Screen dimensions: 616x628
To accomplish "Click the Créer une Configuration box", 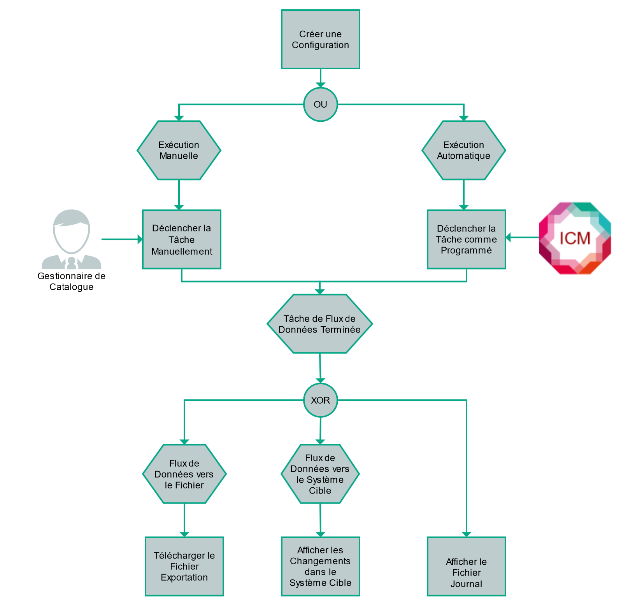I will [320, 39].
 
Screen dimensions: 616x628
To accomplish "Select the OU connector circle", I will [320, 105].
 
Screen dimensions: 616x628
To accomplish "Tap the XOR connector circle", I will [320, 400].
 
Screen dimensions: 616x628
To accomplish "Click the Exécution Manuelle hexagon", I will [179, 150].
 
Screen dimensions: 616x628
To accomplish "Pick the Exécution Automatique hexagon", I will [463, 150].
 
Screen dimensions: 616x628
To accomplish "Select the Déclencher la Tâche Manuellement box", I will [182, 239].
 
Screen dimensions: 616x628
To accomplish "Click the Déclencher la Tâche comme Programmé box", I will [466, 239].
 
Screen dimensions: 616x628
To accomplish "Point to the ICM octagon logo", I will [575, 238].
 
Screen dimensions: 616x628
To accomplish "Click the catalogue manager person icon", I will [71, 239].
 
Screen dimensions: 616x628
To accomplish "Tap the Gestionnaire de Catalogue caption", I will [71, 281].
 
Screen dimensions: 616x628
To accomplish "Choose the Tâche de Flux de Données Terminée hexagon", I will [319, 324].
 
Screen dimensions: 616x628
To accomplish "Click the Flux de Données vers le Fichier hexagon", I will [184, 474].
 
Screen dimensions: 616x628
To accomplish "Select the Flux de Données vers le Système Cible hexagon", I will [320, 474].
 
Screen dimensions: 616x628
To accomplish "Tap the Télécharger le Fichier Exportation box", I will [184, 566].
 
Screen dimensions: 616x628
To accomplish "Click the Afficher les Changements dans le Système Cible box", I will [320, 566].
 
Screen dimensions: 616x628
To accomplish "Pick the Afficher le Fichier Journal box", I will [466, 566].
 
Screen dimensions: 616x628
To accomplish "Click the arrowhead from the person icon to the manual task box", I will [140, 239].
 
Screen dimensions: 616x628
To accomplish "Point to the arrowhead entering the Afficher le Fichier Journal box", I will [466, 534].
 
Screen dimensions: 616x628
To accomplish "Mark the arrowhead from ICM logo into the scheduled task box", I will [508, 237].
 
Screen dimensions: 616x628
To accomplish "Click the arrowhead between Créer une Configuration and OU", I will [320, 85].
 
